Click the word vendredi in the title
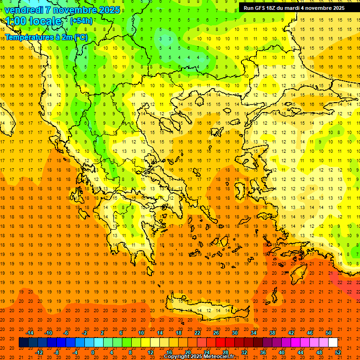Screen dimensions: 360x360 (24, 10)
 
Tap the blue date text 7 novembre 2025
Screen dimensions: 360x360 (83, 10)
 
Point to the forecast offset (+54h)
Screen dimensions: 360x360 (81, 21)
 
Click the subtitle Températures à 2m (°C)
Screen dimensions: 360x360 (46, 37)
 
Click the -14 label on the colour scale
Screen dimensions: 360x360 (30, 332)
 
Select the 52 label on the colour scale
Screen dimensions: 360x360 (338, 352)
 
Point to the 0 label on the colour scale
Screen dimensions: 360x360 (93, 352)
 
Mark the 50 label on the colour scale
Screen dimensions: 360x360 (329, 332)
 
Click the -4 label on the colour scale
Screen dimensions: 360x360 (75, 352)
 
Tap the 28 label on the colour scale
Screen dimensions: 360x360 (226, 352)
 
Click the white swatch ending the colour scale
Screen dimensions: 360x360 (333, 342)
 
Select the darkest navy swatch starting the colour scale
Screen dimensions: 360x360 (23, 342)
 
